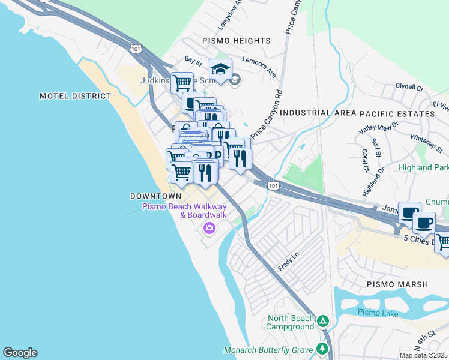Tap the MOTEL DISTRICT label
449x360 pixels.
click(x=76, y=96)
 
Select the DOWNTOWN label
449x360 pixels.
click(x=155, y=196)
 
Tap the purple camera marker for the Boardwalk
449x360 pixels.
click(x=209, y=227)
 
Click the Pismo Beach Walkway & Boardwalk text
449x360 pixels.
click(x=184, y=211)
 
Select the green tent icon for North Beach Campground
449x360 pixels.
click(x=323, y=322)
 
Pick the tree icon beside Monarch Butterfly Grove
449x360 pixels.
click(x=323, y=349)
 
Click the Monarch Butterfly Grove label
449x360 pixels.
click(x=268, y=350)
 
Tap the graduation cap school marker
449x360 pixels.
click(x=220, y=69)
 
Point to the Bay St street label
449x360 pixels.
click(x=193, y=61)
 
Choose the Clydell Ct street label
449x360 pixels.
click(x=409, y=87)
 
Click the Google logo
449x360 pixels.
click(x=20, y=353)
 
